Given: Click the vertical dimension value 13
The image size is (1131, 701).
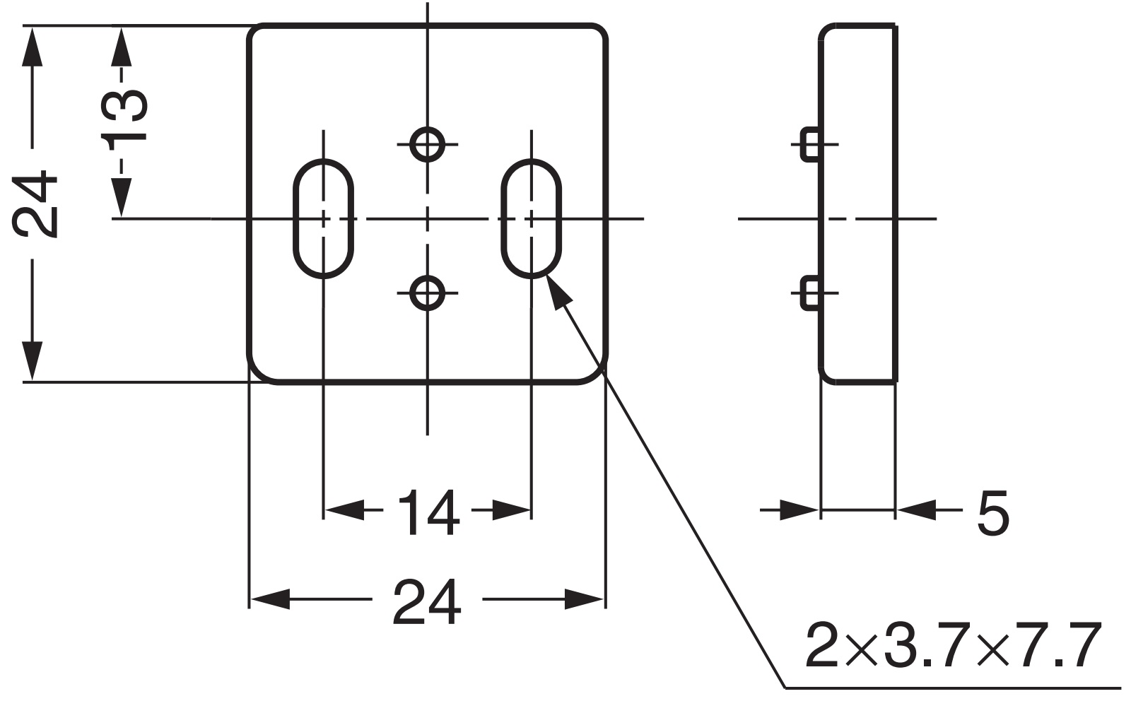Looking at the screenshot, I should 124,117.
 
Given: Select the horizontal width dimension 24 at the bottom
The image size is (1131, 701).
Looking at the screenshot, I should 427,601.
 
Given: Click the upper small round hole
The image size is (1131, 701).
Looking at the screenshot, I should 427,144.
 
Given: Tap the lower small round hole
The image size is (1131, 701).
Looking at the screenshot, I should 427,292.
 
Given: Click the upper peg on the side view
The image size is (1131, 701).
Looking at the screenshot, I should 810,144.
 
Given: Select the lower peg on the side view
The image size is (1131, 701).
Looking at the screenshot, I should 810,293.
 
